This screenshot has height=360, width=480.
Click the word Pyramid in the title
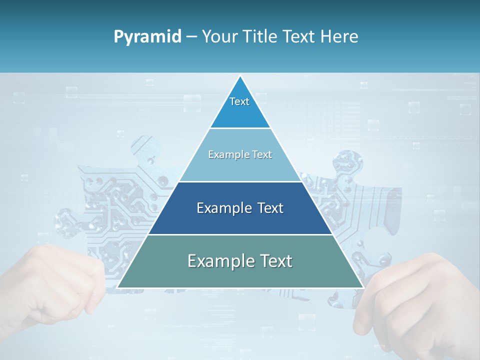coord(147,37)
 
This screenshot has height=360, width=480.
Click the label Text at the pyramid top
coord(239,101)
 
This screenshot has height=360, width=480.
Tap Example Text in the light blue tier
coord(240,154)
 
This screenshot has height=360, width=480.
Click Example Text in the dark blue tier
coord(240,208)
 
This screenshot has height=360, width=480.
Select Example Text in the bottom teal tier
coord(240,261)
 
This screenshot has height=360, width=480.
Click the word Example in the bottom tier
coord(218,261)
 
